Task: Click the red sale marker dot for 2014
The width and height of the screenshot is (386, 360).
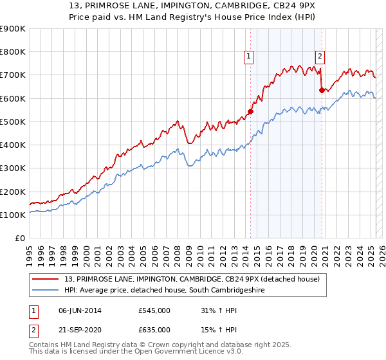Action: pyautogui.click(x=250, y=111)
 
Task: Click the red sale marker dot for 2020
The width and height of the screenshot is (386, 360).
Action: pyautogui.click(x=322, y=90)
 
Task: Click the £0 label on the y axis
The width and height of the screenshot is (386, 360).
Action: pyautogui.click(x=20, y=239)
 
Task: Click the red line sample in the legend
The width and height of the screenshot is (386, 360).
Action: pyautogui.click(x=46, y=278)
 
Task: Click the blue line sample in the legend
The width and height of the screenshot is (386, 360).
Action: pyautogui.click(x=46, y=291)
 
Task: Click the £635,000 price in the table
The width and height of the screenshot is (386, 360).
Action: pyautogui.click(x=154, y=330)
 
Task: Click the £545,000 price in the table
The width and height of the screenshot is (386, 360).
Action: pyautogui.click(x=154, y=310)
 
